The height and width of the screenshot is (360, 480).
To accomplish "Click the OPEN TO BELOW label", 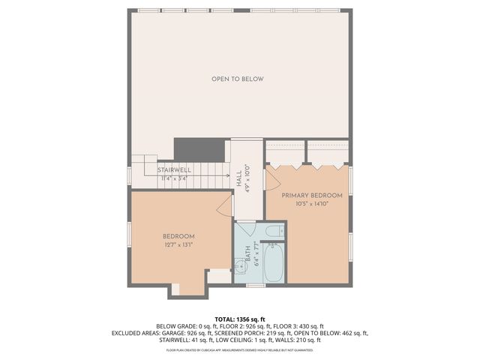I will click(x=237, y=79).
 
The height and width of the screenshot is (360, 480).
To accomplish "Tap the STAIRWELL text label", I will click(x=174, y=170).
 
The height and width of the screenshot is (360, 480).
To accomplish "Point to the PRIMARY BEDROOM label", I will click(x=312, y=196).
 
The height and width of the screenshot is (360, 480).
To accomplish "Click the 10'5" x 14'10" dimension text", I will click(x=312, y=204).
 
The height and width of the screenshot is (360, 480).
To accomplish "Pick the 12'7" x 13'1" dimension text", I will click(x=179, y=244).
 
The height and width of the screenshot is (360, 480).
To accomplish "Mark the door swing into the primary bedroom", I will click(x=271, y=175).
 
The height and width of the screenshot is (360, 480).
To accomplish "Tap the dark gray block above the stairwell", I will click(x=200, y=149).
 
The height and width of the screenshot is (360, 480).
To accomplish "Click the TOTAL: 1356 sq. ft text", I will click(x=240, y=319).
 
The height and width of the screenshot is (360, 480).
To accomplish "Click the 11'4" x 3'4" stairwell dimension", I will click(x=174, y=178).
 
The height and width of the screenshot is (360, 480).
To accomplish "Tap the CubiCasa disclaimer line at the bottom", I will click(x=240, y=349).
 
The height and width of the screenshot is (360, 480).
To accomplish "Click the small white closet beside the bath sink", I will click(x=220, y=276).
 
